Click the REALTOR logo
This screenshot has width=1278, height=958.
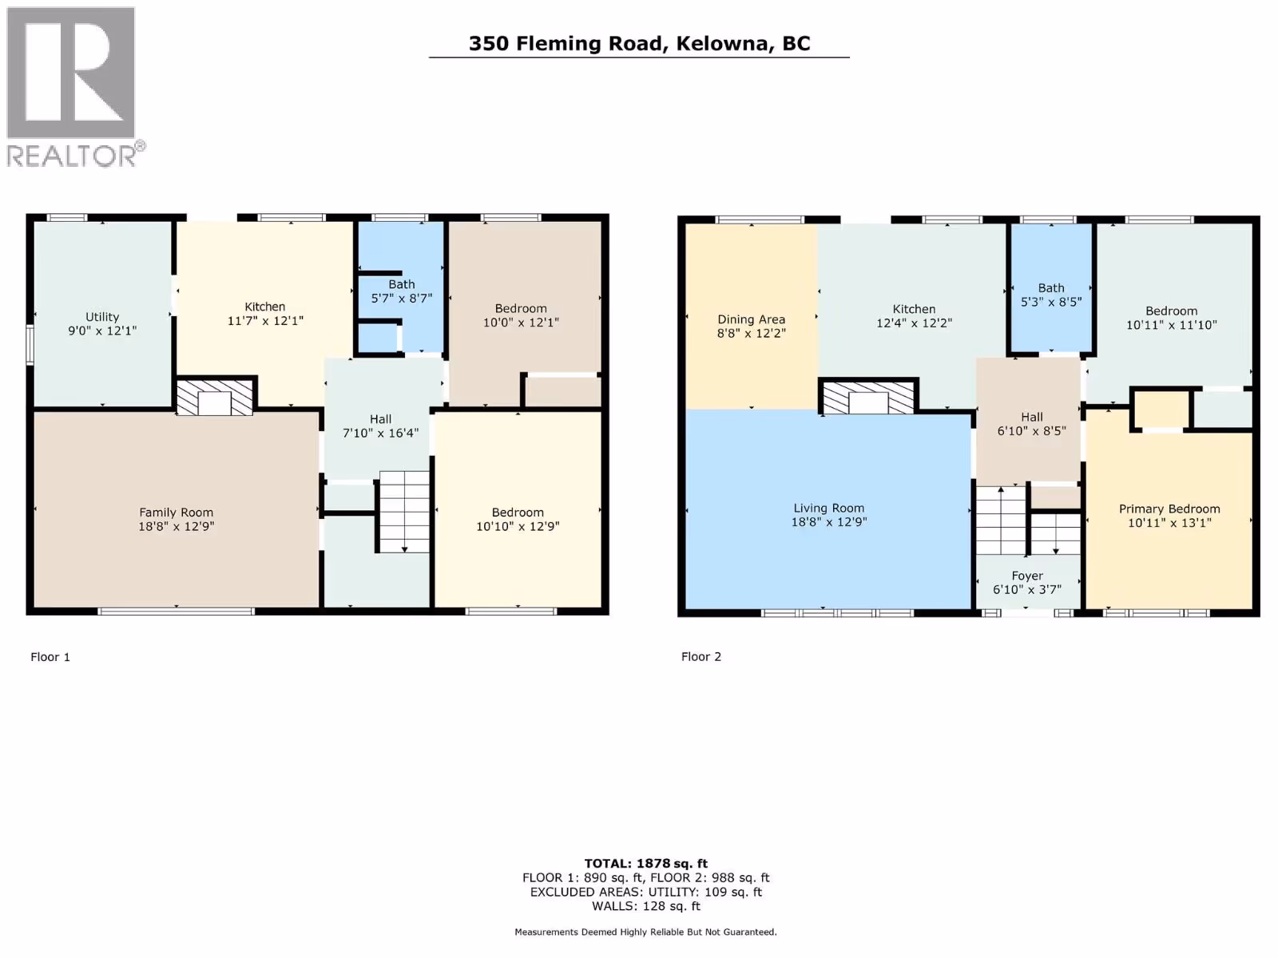76,87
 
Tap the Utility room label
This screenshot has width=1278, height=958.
102,317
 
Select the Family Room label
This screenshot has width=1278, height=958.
176,513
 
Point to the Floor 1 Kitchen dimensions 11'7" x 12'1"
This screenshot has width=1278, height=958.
265,321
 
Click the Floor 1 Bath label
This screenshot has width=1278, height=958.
402,284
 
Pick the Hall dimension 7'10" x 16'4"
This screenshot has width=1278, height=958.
380,433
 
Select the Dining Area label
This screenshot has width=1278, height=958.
751,319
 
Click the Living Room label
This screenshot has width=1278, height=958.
828,509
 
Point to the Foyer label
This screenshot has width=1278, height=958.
1027,576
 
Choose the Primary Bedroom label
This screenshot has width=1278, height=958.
1169,509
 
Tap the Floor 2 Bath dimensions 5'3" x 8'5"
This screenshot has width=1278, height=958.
1051,302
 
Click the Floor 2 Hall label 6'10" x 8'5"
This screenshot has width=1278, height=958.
1031,424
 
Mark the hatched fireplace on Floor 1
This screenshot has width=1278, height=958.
214,398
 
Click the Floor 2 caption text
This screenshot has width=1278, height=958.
701,657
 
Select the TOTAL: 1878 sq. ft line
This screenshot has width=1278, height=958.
645,864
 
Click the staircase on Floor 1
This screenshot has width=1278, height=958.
404,512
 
